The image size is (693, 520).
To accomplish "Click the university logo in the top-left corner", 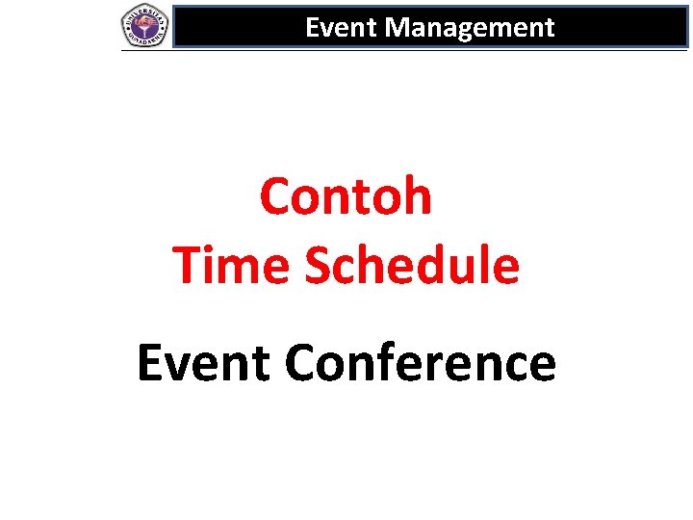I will [144, 25].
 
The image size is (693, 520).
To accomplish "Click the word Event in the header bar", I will [342, 28].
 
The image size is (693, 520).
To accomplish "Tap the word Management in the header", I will [470, 28].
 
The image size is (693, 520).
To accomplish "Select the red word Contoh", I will [346, 196].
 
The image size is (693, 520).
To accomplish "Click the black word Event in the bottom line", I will [203, 364].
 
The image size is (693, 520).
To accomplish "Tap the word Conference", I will [421, 364].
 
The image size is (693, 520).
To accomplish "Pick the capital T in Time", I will [188, 265].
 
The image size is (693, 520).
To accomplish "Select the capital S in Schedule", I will [320, 266].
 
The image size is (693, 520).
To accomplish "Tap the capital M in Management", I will [398, 28].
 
